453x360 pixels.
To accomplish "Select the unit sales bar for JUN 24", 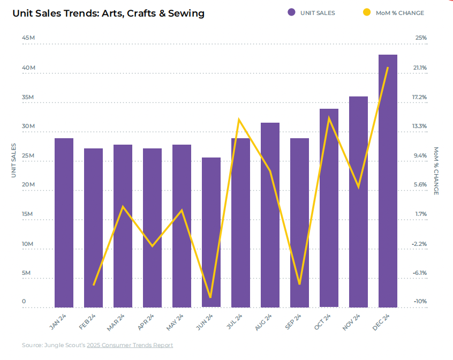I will (x=211, y=232).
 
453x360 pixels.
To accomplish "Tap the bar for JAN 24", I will (x=64, y=223).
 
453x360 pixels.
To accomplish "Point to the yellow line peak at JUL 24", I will (x=239, y=119).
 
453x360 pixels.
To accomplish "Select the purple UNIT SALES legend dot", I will (x=291, y=12).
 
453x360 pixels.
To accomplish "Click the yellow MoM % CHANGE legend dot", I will (x=367, y=12).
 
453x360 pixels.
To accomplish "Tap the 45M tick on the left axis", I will (x=28, y=38).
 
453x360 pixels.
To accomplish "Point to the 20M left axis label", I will (x=28, y=185).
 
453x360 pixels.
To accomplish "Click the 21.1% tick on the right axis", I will (x=419, y=68).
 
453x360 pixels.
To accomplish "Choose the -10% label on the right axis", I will (x=419, y=302).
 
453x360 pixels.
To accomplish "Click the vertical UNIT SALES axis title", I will (x=14, y=160).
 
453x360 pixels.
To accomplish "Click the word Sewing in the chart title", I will (x=186, y=13).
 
